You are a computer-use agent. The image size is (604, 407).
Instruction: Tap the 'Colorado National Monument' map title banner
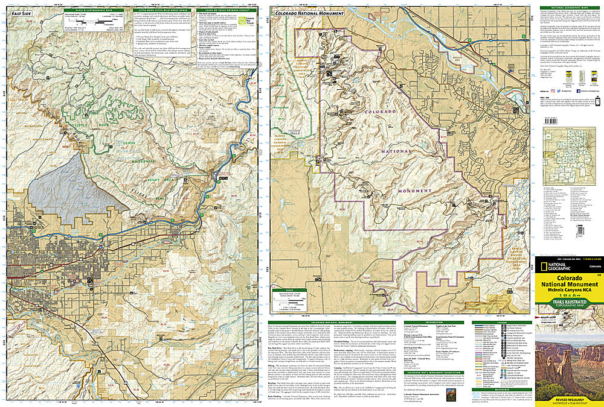point(309,13)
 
